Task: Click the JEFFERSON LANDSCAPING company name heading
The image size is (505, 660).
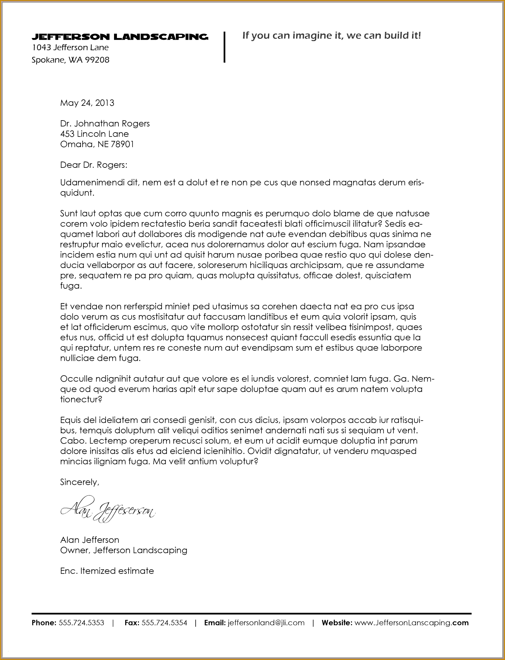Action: pyautogui.click(x=120, y=37)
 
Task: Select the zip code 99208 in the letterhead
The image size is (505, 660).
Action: pyautogui.click(x=97, y=60)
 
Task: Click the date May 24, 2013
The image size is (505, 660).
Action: pyautogui.click(x=87, y=103)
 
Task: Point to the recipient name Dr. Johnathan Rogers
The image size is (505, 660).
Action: pyautogui.click(x=105, y=124)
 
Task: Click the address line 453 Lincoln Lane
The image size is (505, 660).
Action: pyautogui.click(x=94, y=134)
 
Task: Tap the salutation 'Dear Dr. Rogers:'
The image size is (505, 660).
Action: pyautogui.click(x=94, y=165)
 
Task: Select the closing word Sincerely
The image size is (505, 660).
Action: pyautogui.click(x=79, y=482)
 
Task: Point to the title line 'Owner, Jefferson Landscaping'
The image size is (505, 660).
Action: pyautogui.click(x=124, y=550)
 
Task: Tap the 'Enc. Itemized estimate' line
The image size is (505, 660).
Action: pyautogui.click(x=107, y=571)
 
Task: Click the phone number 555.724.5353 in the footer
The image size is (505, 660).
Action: pyautogui.click(x=81, y=623)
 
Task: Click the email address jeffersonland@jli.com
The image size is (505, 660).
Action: pyautogui.click(x=266, y=623)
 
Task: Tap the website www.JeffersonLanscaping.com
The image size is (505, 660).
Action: pyautogui.click(x=411, y=623)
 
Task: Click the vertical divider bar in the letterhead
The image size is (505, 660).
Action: pyautogui.click(x=224, y=47)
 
